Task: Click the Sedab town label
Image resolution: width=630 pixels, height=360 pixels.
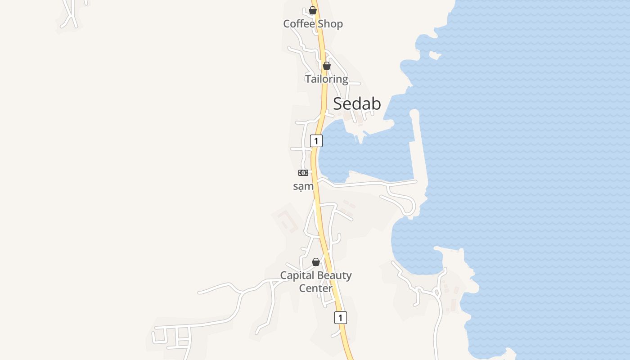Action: click(357, 104)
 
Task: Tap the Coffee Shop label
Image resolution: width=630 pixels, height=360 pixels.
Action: click(313, 24)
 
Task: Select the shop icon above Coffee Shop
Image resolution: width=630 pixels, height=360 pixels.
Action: click(313, 10)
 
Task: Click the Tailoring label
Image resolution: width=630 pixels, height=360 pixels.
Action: click(327, 79)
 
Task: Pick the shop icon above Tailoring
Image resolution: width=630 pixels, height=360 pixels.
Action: click(327, 66)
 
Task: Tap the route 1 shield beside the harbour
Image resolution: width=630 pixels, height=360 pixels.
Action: click(316, 141)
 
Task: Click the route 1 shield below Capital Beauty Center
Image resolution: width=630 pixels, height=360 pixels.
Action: click(341, 317)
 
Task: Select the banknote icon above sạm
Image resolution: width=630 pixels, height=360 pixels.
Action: click(303, 173)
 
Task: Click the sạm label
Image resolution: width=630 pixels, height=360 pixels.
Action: click(303, 186)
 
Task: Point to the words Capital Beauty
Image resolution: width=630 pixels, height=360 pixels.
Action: click(316, 275)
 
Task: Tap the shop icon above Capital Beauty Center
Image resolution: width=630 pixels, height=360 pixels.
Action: click(316, 262)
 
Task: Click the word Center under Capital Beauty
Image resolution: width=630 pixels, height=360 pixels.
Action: click(316, 288)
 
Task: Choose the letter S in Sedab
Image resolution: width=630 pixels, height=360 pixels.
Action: click(338, 104)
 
